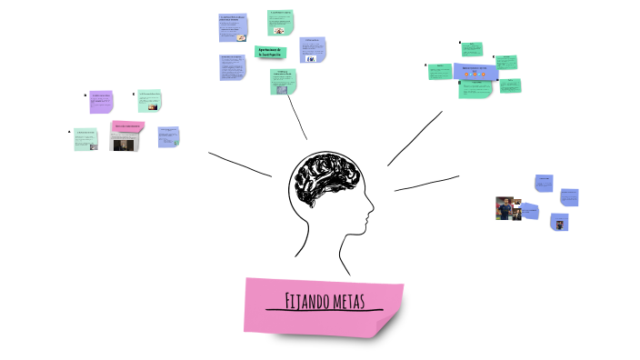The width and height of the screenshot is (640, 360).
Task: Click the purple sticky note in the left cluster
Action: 101,102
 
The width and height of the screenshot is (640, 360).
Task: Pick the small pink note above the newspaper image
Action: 127,125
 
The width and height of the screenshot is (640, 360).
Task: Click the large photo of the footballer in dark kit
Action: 505,208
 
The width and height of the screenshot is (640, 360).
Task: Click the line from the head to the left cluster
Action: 240,163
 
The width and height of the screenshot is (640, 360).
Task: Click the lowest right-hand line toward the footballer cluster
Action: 425,183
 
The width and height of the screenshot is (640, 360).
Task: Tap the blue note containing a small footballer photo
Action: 559,222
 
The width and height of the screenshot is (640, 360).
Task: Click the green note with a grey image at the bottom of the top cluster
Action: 283,84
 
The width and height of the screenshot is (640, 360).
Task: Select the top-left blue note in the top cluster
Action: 234,27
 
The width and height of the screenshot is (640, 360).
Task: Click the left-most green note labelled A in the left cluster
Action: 86,139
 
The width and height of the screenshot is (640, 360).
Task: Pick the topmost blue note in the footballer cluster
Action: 544,182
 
